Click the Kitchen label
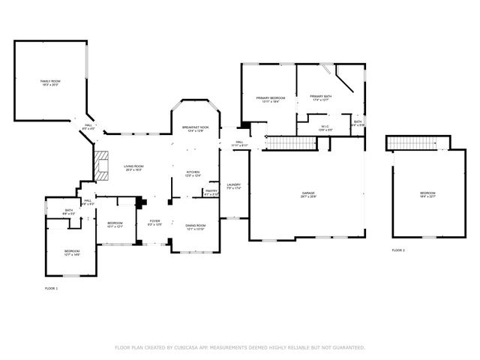pyautogui.click(x=193, y=174)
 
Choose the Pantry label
pyautogui.click(x=211, y=192)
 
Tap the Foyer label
pyautogui.click(x=154, y=223)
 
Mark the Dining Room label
pyautogui.click(x=195, y=227)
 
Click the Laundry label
pyautogui.click(x=234, y=186)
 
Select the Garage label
pyautogui.click(x=308, y=195)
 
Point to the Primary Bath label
pyautogui.click(x=321, y=97)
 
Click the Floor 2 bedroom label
pyautogui.click(x=427, y=195)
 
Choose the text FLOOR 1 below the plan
pyautogui.click(x=50, y=288)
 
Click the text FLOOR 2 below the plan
pyautogui.click(x=397, y=250)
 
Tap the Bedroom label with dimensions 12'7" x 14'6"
pyautogui.click(x=71, y=253)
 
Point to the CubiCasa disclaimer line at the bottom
pyautogui.click(x=240, y=347)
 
